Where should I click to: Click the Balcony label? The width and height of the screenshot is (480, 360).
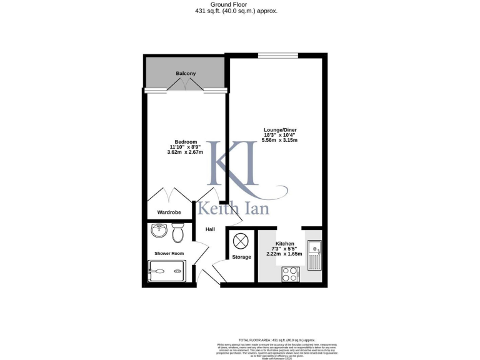tap(186, 74)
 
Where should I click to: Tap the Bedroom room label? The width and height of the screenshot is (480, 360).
tap(186, 141)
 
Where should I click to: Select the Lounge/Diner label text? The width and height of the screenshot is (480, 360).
tap(280, 130)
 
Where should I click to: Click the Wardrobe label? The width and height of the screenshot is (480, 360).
tap(169, 212)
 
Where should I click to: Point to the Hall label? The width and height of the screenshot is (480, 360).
tap(210, 229)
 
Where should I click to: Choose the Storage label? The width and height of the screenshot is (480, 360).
tap(241, 257)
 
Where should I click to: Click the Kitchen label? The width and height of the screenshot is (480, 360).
tap(285, 244)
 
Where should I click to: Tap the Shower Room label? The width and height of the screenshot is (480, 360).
tap(169, 253)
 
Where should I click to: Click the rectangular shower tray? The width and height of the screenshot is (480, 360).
tap(166, 271)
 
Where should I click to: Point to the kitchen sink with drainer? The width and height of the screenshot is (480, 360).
tap(314, 254)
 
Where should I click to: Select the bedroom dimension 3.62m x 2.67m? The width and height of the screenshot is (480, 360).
tap(186, 152)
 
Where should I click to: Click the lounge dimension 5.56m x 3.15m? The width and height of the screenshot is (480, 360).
tap(280, 141)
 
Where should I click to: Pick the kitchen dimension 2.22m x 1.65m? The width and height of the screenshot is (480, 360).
tap(285, 254)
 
